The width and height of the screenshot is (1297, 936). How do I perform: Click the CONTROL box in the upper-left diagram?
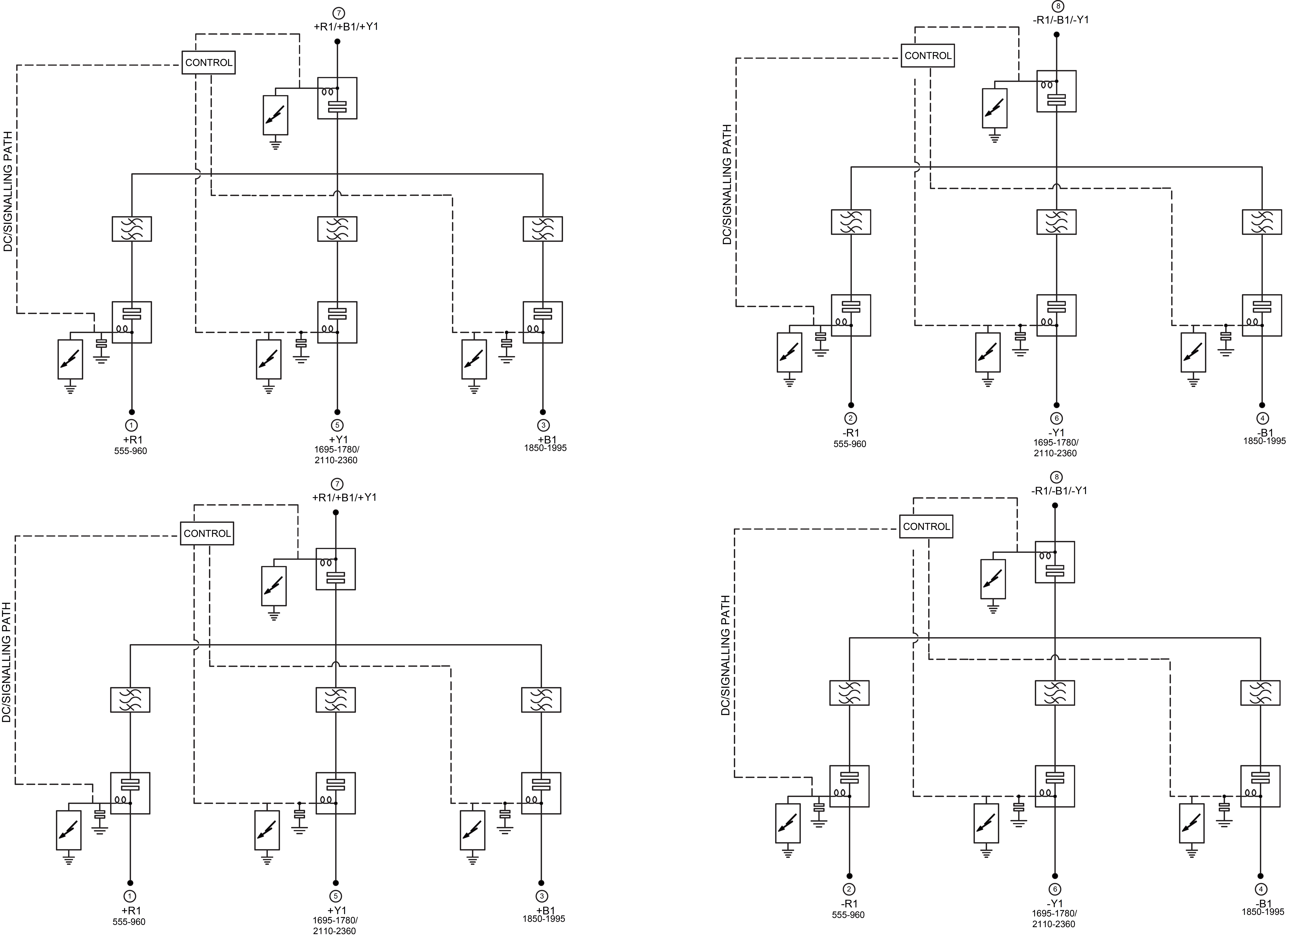tap(209, 62)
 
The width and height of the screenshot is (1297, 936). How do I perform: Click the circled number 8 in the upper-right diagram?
tap(1057, 6)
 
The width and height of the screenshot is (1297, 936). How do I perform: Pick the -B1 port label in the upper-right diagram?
tap(1264, 432)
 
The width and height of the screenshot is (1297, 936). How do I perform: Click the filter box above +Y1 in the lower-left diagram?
tap(336, 699)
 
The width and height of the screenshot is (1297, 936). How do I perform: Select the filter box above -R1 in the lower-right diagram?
tap(849, 692)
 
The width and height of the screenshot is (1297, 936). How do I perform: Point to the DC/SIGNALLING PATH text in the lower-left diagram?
tap(6, 662)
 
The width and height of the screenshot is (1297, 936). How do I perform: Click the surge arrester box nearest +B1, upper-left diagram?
tap(474, 359)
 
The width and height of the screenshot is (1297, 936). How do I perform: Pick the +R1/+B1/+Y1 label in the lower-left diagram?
tap(344, 497)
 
